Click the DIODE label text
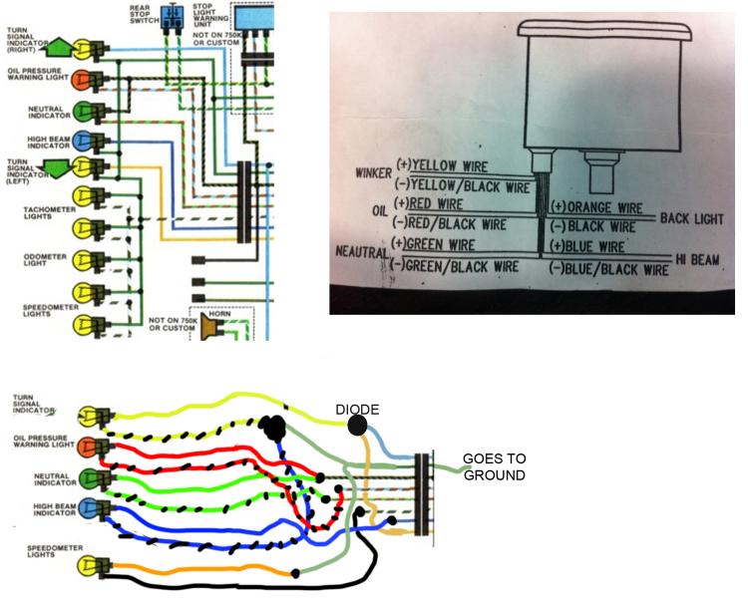357,410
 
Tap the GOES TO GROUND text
494,466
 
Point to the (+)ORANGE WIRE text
597,208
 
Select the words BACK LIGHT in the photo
690,217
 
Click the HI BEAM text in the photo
697,259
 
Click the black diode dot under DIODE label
358,427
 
